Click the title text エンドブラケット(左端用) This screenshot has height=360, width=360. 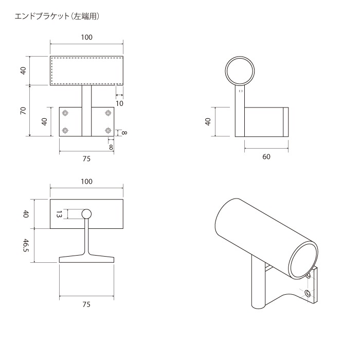click(x=57, y=16)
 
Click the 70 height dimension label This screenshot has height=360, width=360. click(x=23, y=111)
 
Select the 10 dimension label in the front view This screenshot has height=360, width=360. click(x=119, y=103)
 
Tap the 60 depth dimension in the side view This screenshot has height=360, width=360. click(x=266, y=157)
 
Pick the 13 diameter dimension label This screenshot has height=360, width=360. click(x=59, y=214)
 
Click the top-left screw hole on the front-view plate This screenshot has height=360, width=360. click(x=65, y=113)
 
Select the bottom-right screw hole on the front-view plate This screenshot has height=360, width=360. click(x=108, y=131)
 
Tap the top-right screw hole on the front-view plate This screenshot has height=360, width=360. click(x=108, y=113)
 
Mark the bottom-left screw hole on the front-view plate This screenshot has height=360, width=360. click(x=65, y=131)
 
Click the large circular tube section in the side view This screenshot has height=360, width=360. click(x=241, y=70)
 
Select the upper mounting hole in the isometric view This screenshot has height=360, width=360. click(x=308, y=277)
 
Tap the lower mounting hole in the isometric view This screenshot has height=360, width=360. click(x=308, y=294)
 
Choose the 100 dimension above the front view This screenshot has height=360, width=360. click(x=86, y=37)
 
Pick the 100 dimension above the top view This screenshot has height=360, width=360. click(x=86, y=181)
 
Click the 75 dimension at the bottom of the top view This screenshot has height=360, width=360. click(x=86, y=304)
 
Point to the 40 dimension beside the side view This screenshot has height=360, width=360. click(x=208, y=122)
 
